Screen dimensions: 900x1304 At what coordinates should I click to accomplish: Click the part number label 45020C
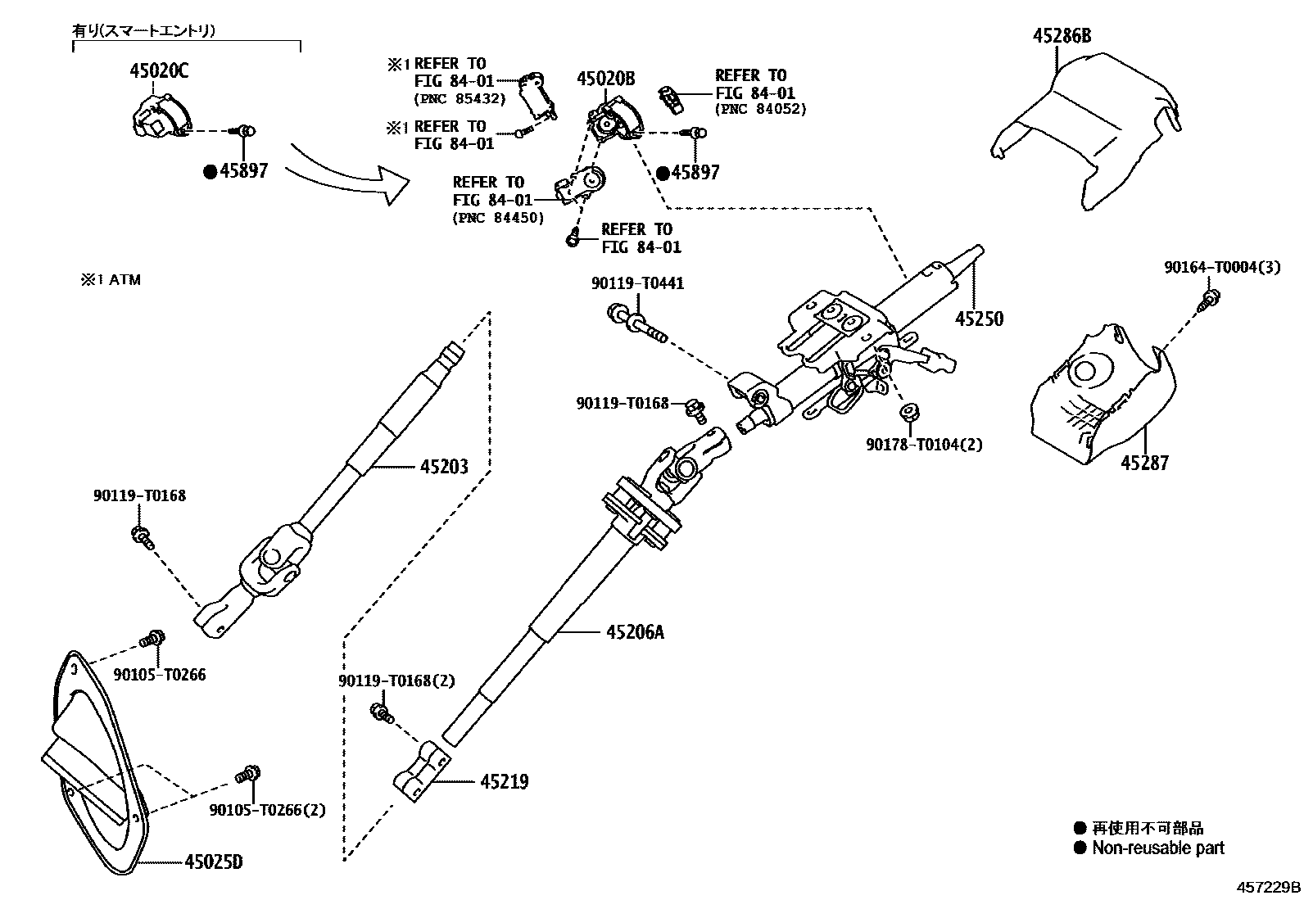(x=158, y=71)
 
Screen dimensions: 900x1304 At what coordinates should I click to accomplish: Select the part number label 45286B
(x=1062, y=36)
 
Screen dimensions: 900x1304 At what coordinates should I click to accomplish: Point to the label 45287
(x=1144, y=464)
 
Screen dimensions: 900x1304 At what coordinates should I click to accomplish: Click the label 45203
(x=444, y=467)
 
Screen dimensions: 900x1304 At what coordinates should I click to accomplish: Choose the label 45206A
(x=635, y=632)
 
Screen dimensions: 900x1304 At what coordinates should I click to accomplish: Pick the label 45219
(x=504, y=782)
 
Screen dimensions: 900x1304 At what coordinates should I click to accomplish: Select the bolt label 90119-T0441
(x=637, y=284)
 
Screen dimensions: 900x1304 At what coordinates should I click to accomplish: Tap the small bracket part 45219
(x=423, y=770)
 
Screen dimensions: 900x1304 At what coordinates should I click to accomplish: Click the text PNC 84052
(x=761, y=109)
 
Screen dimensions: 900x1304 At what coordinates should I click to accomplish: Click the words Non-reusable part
(x=1158, y=848)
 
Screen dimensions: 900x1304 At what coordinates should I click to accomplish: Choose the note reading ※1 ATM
(x=110, y=280)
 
